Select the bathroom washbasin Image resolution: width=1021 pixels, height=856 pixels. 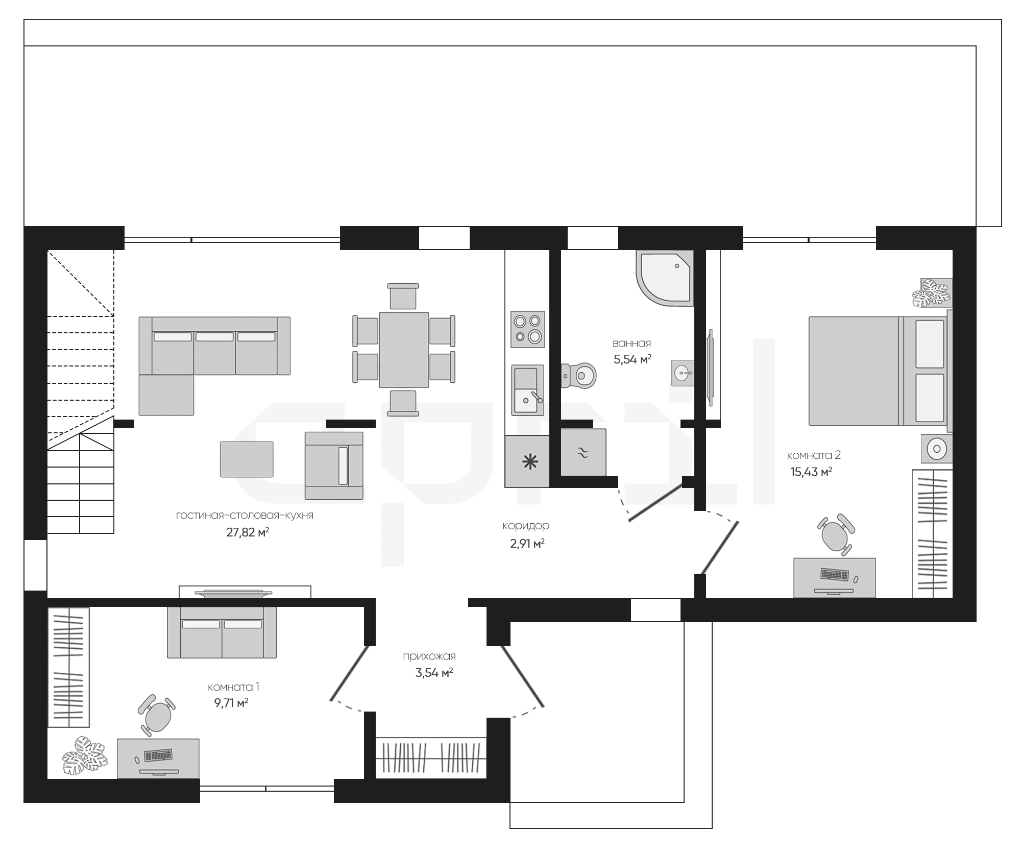pyautogui.click(x=683, y=373)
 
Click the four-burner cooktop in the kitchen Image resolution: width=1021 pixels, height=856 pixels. pyautogui.click(x=528, y=329)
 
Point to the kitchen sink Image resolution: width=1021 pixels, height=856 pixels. pyautogui.click(x=528, y=390)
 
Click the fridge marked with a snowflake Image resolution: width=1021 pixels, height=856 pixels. pyautogui.click(x=527, y=461)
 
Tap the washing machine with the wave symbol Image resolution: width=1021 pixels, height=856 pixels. pyautogui.click(x=584, y=452)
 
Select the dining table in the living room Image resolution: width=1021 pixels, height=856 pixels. pyautogui.click(x=404, y=350)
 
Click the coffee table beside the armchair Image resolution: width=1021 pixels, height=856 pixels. pyautogui.click(x=247, y=459)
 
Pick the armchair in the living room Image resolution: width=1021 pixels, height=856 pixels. pyautogui.click(x=334, y=465)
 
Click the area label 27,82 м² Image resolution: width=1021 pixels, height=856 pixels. pyautogui.click(x=248, y=532)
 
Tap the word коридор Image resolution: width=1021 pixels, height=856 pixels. pyautogui.click(x=526, y=526)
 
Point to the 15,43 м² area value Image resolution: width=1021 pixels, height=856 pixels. pyautogui.click(x=811, y=472)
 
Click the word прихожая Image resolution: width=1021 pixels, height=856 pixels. pyautogui.click(x=429, y=656)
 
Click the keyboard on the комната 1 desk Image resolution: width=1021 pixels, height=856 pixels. pyautogui.click(x=158, y=754)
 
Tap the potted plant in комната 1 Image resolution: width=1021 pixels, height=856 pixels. pyautogui.click(x=86, y=753)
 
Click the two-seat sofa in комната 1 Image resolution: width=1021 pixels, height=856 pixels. pyautogui.click(x=222, y=632)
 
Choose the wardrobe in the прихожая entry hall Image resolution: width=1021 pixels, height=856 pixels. pyautogui.click(x=431, y=757)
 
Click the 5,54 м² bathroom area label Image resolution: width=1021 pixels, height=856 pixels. pyautogui.click(x=632, y=359)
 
